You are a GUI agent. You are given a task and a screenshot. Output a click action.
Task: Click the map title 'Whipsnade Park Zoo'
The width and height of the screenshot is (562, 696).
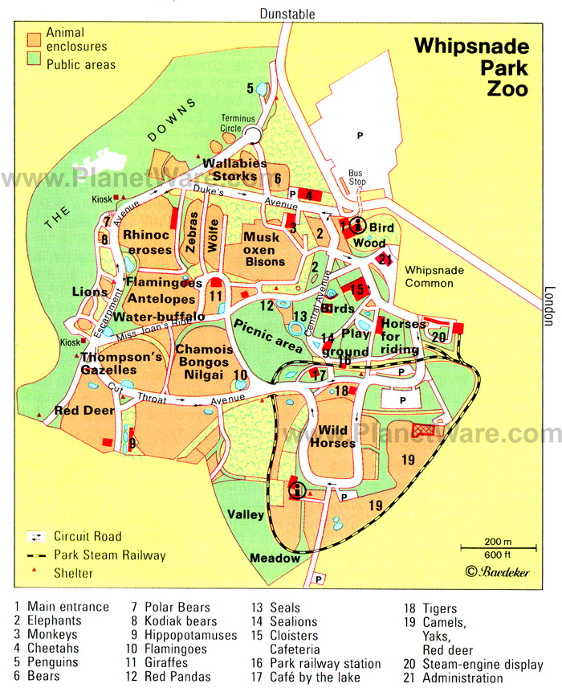pyautogui.click(x=470, y=67)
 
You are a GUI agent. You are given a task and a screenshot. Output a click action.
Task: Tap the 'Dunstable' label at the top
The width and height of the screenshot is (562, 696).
pyautogui.click(x=287, y=14)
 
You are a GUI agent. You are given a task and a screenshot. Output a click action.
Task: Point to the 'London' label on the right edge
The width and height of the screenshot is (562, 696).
pyautogui.click(x=550, y=306)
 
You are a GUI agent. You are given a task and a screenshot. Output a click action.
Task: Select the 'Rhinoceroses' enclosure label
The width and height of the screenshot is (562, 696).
pyautogui.click(x=147, y=242)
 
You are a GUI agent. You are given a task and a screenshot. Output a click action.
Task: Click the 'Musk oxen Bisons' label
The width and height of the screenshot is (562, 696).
pyautogui.click(x=264, y=249)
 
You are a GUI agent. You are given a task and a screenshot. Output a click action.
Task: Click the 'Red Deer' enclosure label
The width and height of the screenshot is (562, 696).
pyautogui.click(x=84, y=411)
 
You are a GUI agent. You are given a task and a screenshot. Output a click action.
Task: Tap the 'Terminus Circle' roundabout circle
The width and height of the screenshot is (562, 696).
pyautogui.click(x=252, y=135)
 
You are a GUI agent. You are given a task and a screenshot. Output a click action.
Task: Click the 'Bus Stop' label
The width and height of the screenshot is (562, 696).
pyautogui.click(x=356, y=178)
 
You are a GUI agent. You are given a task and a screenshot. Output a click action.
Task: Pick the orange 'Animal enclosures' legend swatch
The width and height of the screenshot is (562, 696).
pyautogui.click(x=35, y=39)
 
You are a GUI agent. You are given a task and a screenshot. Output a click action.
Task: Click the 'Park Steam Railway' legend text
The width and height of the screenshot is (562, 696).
pyautogui.click(x=110, y=555)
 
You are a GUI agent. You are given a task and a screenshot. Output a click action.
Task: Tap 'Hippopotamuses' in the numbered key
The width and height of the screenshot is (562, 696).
pyautogui.click(x=191, y=635)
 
